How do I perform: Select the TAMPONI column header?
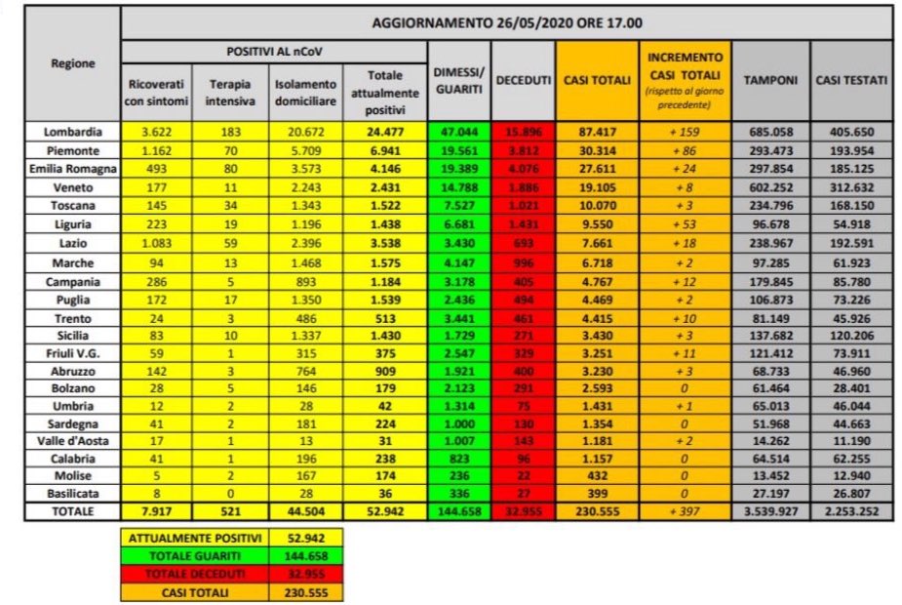(x=770, y=80)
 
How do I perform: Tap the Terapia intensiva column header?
(x=229, y=93)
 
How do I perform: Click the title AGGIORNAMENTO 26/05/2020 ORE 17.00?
(x=505, y=21)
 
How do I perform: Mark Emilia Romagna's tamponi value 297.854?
(x=770, y=170)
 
